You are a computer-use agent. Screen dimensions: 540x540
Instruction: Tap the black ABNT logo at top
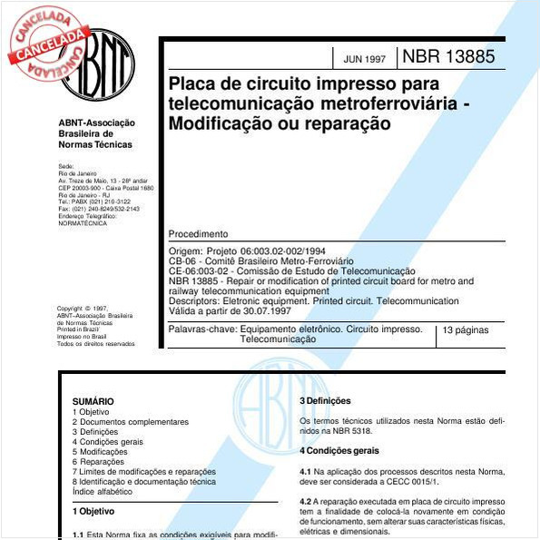tap(98, 64)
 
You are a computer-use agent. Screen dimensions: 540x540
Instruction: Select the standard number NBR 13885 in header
tap(448, 57)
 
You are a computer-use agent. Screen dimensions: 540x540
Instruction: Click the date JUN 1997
tap(365, 59)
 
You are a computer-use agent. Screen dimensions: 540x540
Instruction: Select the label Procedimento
tap(199, 233)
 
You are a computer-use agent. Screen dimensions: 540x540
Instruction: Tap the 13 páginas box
tap(466, 331)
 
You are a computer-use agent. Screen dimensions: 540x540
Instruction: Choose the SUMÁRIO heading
tap(93, 401)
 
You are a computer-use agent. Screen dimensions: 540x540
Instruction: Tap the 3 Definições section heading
tap(325, 401)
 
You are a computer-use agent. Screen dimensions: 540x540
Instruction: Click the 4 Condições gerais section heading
tap(340, 450)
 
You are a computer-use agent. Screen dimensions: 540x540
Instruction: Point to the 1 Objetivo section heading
tap(93, 512)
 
